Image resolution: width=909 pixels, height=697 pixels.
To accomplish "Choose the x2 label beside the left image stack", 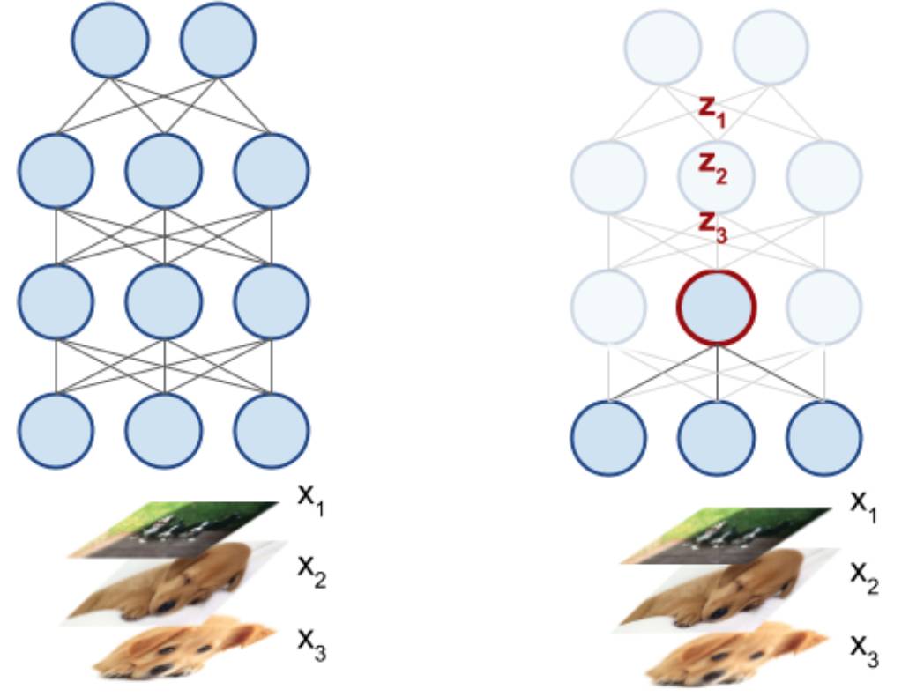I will (x=311, y=575).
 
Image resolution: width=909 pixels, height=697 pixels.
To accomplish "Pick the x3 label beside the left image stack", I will (x=311, y=649).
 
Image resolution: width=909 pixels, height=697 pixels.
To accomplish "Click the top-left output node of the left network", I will (x=110, y=39).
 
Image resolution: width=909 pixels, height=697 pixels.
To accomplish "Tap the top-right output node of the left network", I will (x=218, y=39).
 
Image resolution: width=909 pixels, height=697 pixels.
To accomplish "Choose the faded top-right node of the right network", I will (x=770, y=46).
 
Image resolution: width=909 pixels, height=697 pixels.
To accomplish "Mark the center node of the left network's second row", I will (x=164, y=171).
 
